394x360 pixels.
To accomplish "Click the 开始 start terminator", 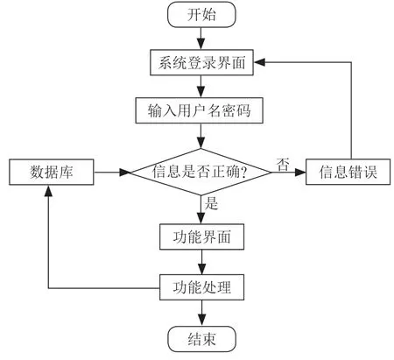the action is [x=201, y=15].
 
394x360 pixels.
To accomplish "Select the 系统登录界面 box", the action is [x=201, y=62].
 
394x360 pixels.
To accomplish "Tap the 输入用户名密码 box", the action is [x=200, y=110].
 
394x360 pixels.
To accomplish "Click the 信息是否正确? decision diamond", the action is [x=201, y=172].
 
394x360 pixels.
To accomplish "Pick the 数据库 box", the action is [x=52, y=172].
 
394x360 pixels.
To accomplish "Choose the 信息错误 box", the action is [x=348, y=172].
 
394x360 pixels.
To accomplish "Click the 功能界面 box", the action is [x=201, y=236].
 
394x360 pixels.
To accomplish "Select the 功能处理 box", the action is [x=201, y=287].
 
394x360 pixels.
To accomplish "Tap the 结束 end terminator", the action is [x=201, y=339].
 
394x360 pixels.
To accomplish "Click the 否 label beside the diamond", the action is [x=283, y=164].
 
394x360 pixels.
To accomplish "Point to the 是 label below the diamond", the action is [x=211, y=203].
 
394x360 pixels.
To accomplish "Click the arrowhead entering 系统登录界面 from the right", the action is [x=259, y=62].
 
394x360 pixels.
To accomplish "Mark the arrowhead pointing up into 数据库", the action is [x=48, y=191].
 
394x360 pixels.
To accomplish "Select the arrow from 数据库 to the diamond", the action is [x=112, y=173].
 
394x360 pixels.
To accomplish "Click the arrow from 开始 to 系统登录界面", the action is [x=201, y=39].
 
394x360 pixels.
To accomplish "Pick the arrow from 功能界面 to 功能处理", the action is [x=201, y=262].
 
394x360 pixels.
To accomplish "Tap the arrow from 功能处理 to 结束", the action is [x=201, y=313].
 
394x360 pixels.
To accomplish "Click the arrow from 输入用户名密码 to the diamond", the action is [x=201, y=136].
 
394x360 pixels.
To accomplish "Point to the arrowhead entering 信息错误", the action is [x=300, y=172].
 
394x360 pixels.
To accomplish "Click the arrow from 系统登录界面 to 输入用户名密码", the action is [x=201, y=87].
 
